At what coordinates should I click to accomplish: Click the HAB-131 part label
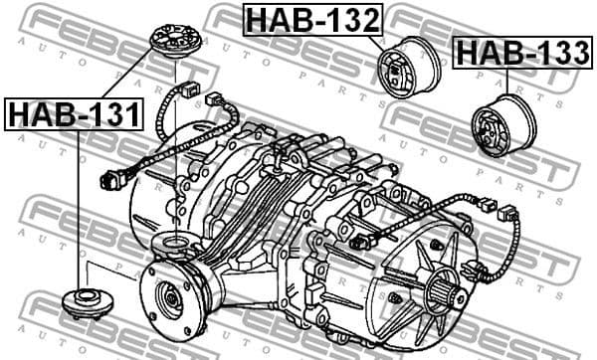[75, 114]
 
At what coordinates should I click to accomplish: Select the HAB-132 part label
[311, 19]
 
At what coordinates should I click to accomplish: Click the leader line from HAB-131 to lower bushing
[78, 209]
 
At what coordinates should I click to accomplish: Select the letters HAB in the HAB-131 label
[40, 114]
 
